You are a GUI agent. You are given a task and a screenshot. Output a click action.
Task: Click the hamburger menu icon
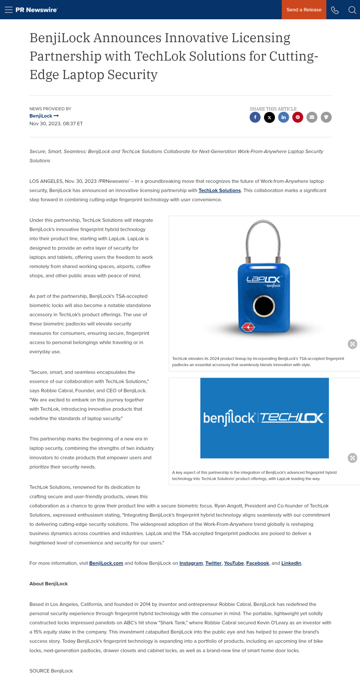click(8, 10)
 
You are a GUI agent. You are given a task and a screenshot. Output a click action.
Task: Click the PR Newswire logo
click(36, 10)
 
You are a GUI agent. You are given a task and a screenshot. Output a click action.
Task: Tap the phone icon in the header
click(335, 10)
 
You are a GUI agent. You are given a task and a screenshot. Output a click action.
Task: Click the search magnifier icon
click(352, 10)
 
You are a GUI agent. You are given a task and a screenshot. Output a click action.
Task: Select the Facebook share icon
click(255, 117)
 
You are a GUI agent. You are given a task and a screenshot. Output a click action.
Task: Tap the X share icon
click(269, 117)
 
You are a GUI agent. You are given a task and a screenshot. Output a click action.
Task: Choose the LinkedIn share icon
click(283, 117)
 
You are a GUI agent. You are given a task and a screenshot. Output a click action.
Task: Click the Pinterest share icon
click(298, 117)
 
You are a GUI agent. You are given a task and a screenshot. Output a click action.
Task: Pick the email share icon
click(312, 117)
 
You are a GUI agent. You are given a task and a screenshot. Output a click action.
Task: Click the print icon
click(326, 117)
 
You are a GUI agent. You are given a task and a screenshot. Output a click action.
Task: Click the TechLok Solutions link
click(220, 190)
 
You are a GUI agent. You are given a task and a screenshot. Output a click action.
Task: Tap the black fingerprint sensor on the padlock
click(264, 306)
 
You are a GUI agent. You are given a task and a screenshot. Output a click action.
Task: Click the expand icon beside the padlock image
click(352, 344)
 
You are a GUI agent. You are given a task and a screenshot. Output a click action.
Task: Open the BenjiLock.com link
click(106, 563)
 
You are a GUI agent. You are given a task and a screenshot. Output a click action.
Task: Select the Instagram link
click(191, 563)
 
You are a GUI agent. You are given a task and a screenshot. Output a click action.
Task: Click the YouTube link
click(234, 563)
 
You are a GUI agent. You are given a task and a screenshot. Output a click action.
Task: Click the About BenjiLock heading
click(49, 584)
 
